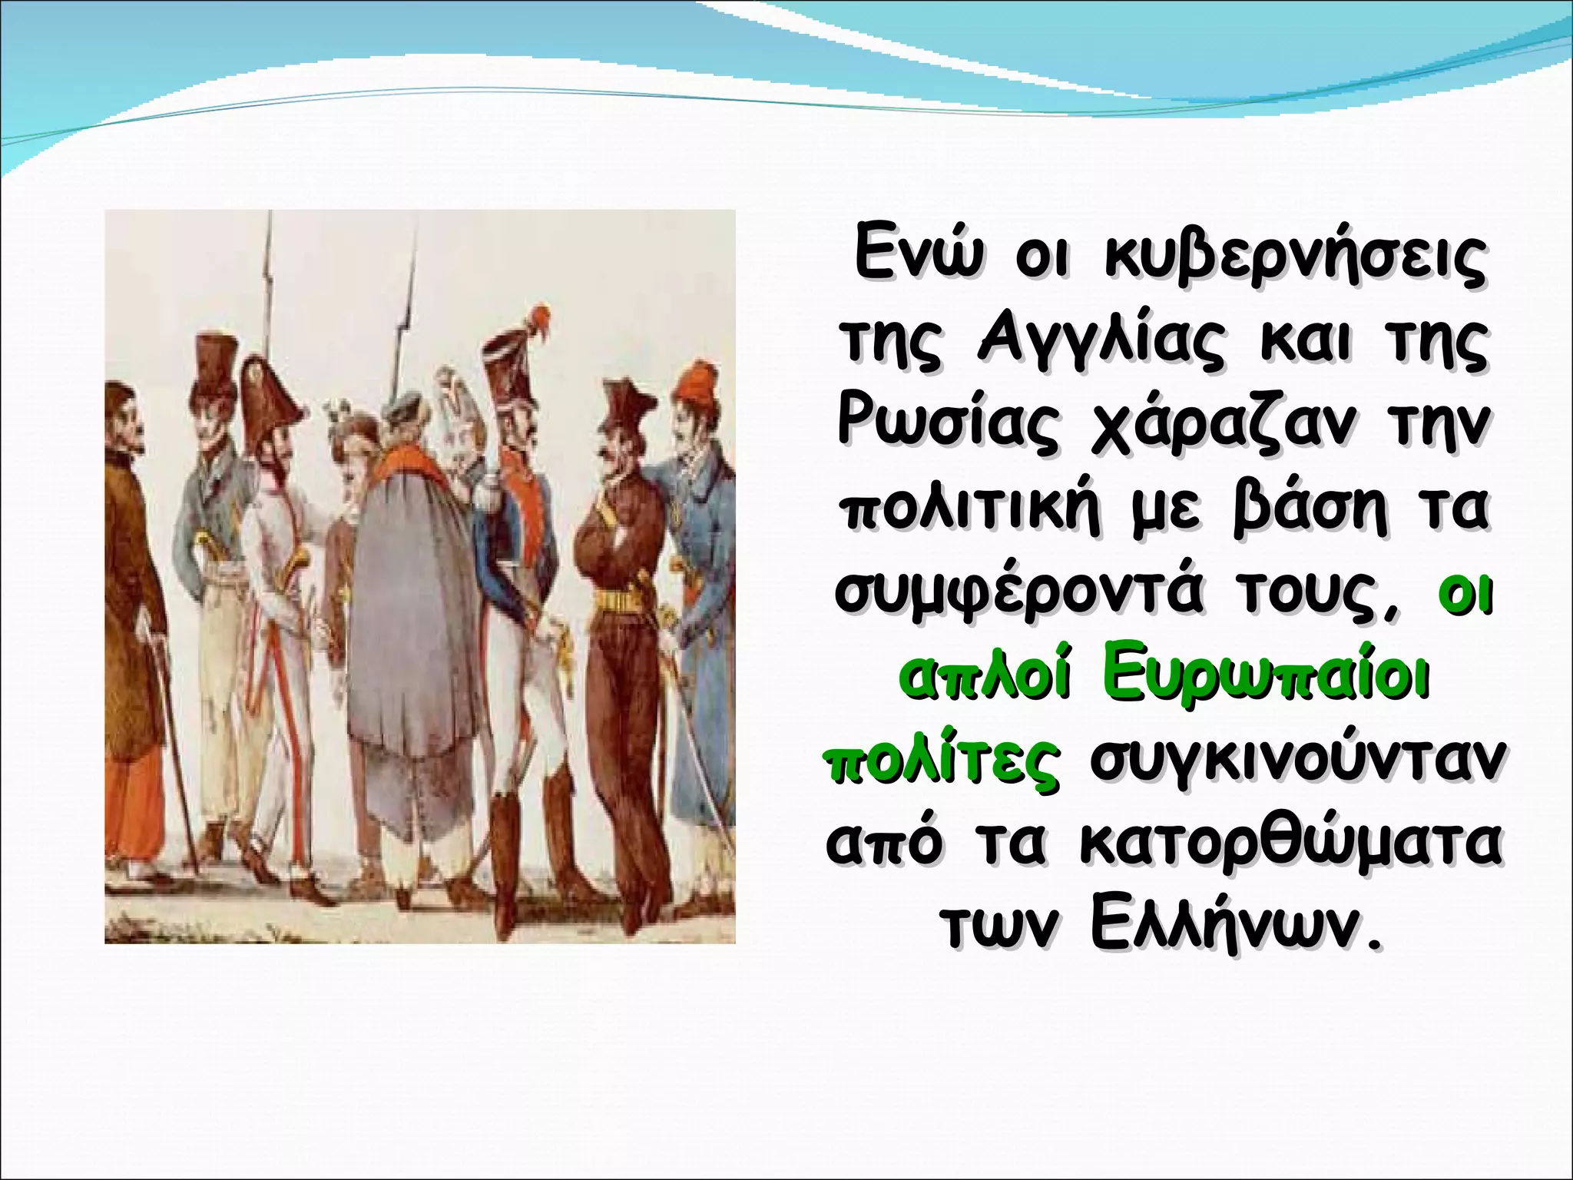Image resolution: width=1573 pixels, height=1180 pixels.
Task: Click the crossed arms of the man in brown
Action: pyautogui.click(x=614, y=530)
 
